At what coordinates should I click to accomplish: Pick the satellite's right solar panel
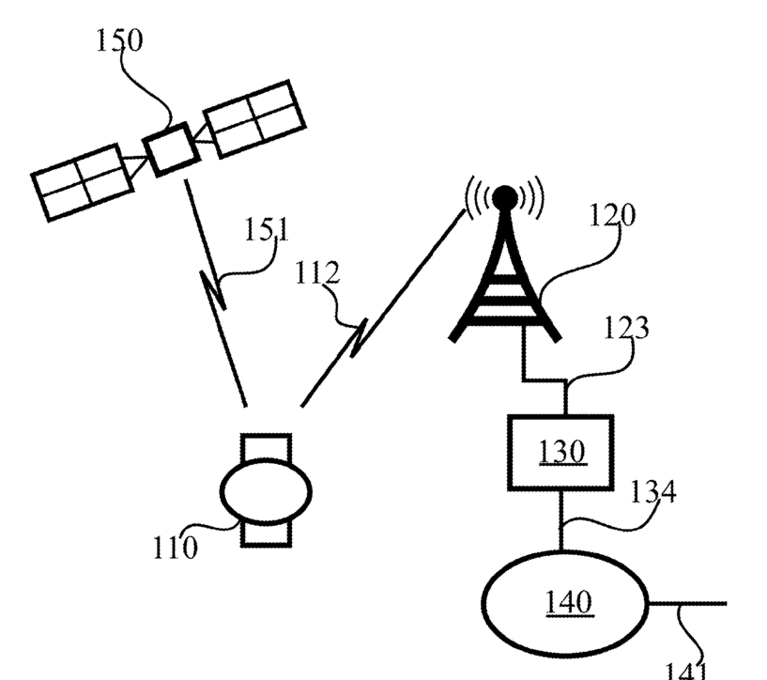click(253, 119)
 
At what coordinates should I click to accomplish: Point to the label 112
click(316, 274)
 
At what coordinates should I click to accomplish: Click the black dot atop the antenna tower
click(505, 197)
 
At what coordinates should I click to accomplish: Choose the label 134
click(653, 491)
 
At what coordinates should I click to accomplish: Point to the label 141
click(688, 669)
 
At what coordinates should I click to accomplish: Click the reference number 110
click(176, 546)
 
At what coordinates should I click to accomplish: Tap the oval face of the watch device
click(265, 489)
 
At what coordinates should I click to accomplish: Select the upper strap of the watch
click(266, 445)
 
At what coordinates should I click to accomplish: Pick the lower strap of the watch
click(266, 533)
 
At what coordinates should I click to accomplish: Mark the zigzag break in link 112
click(359, 337)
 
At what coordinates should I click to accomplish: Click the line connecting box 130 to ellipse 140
click(561, 520)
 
